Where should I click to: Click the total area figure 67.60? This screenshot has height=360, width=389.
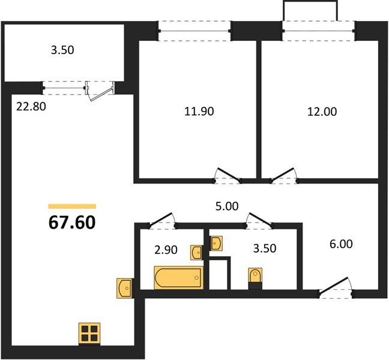click(72, 223)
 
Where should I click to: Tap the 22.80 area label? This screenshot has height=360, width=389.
click(31, 107)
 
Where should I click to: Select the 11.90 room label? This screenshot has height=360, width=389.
click(199, 112)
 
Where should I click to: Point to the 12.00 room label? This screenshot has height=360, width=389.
click(322, 112)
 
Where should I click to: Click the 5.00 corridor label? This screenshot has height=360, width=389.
click(227, 206)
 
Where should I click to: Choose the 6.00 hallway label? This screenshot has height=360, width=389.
click(341, 244)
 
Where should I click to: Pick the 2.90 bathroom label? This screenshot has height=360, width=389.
click(166, 250)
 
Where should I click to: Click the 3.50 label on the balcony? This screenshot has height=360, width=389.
click(62, 50)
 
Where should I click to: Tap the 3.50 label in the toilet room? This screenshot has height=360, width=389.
click(265, 248)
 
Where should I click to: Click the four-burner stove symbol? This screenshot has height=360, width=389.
click(89, 334)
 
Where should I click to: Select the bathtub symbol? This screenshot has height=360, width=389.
click(179, 278)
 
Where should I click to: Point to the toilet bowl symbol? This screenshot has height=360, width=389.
click(255, 275)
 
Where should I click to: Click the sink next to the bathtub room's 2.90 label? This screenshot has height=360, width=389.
click(197, 253)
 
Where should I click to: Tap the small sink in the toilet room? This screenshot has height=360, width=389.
click(216, 243)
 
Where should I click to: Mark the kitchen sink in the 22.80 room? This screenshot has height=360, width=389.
click(125, 288)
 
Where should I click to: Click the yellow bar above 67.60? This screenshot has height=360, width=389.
click(72, 206)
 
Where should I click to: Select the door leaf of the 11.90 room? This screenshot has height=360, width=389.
click(229, 174)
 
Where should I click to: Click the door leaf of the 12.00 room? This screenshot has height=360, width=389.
click(283, 174)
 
